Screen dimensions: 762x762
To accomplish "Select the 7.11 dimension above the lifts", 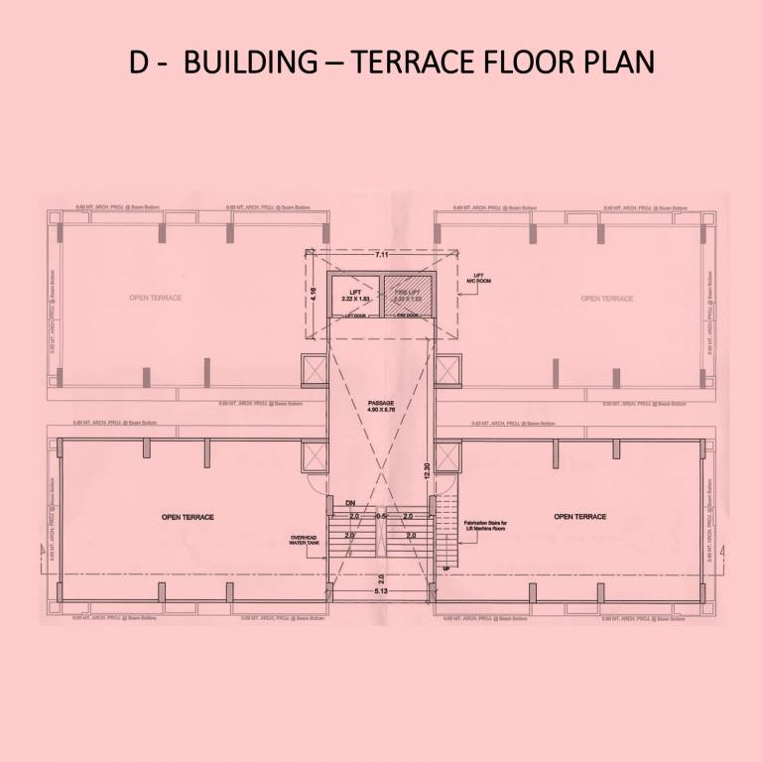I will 381,255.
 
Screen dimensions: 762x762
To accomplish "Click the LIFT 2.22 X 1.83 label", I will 354,295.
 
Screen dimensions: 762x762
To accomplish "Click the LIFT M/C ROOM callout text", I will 483,279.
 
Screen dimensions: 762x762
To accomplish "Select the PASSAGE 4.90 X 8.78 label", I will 381,406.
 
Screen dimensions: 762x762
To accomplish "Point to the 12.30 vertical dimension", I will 427,473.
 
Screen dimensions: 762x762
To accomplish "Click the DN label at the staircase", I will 350,504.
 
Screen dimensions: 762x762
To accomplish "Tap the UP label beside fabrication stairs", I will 445,568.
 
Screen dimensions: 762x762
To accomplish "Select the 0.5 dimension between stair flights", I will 380,517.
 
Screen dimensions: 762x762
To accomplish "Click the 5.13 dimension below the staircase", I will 381,591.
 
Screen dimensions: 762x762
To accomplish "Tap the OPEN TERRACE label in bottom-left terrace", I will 188,517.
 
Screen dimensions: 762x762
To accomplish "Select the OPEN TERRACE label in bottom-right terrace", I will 579,517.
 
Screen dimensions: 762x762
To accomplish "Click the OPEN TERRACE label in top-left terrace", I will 155,298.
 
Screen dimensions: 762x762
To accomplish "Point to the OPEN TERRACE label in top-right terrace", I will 606,298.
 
